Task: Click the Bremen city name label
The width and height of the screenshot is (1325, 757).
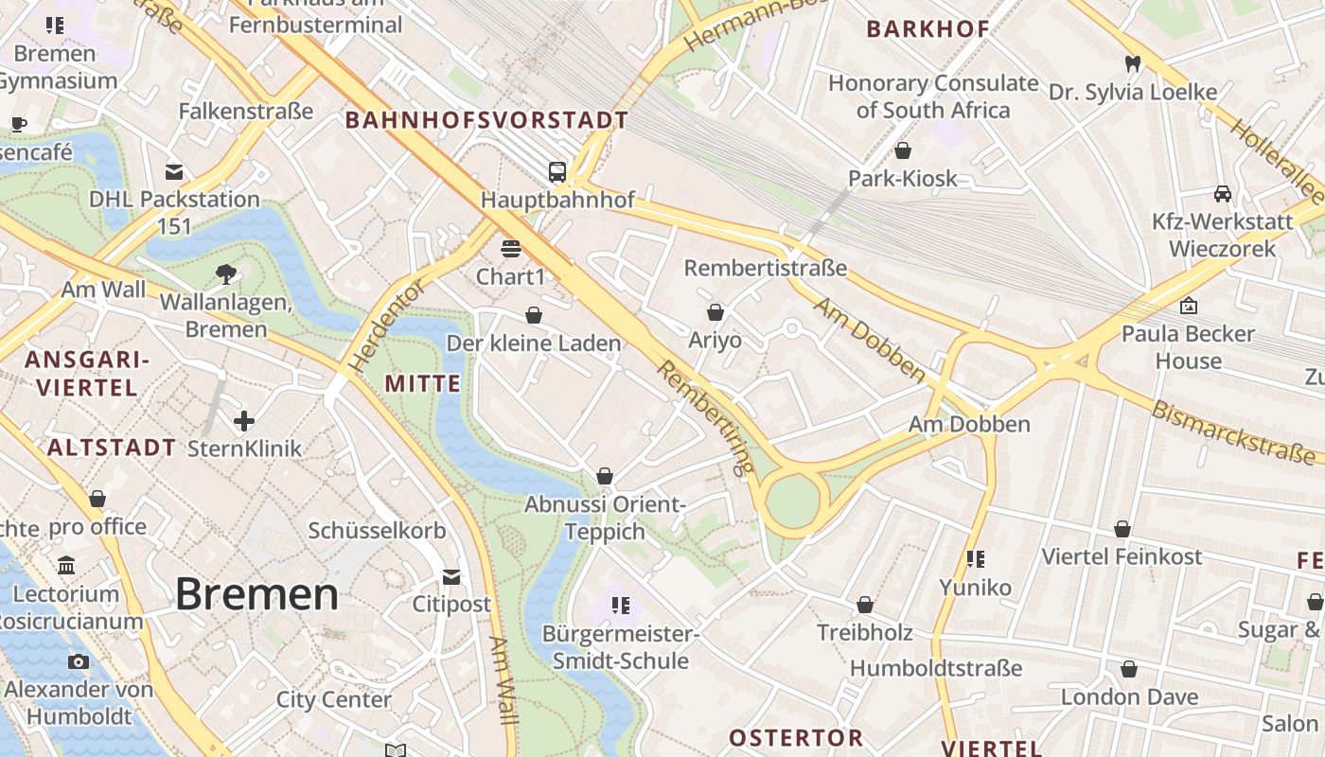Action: point(256,594)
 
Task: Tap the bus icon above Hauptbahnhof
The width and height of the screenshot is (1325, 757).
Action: point(557,172)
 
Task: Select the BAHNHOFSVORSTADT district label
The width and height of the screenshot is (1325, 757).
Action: point(486,120)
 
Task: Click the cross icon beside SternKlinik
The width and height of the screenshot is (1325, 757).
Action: point(244,420)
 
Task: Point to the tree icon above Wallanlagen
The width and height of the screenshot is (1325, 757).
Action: point(225,274)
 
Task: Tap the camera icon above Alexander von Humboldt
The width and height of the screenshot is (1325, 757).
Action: point(79,661)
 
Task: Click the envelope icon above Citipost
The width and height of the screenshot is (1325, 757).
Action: point(451,576)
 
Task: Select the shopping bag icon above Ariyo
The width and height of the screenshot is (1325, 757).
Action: point(715,311)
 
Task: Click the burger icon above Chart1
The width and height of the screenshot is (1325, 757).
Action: point(511,249)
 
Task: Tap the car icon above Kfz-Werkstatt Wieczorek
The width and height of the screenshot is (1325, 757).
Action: point(1223,194)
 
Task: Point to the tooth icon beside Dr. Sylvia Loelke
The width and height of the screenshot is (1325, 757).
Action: point(1131,64)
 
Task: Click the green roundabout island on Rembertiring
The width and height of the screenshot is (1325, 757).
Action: point(792,502)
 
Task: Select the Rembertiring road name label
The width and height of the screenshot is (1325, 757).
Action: point(705,416)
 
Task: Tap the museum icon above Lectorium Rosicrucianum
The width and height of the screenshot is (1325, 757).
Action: point(66,566)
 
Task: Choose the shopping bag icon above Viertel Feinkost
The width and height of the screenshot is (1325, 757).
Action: point(1122,529)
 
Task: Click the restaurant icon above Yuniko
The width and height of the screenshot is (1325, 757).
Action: point(975,559)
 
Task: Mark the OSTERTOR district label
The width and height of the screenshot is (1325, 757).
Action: point(796,737)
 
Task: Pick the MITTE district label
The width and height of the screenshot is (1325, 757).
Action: point(423,383)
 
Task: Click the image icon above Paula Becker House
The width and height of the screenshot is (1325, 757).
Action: point(1189,306)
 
